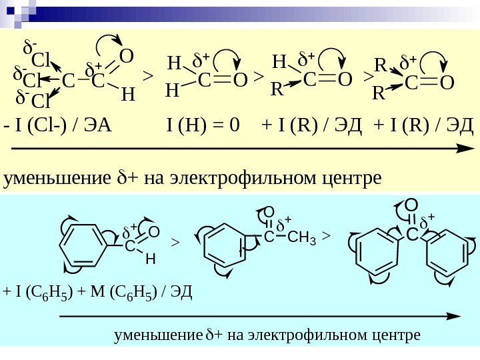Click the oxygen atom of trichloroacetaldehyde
[x=125, y=55]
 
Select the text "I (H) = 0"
[x=203, y=125]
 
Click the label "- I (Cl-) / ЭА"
[x=58, y=125]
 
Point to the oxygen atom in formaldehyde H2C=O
[x=240, y=81]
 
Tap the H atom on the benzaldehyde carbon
[x=150, y=258]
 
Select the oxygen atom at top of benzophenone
[x=411, y=205]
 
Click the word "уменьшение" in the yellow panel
[x=56, y=179]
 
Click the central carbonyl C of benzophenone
[x=412, y=235]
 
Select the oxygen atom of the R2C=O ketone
[x=447, y=83]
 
